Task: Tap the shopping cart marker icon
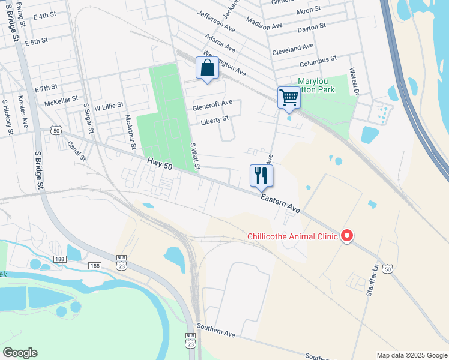pyautogui.click(x=289, y=97)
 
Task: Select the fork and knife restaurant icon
pyautogui.click(x=261, y=175)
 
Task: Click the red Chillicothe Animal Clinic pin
pyautogui.click(x=347, y=236)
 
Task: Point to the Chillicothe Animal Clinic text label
pyautogui.click(x=293, y=236)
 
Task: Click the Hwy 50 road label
pyautogui.click(x=160, y=164)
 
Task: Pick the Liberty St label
pyautogui.click(x=214, y=119)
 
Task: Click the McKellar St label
pyautogui.click(x=62, y=98)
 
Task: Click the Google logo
pyautogui.click(x=20, y=353)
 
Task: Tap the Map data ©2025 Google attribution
pyautogui.click(x=411, y=355)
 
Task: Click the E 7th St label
pyautogui.click(x=46, y=88)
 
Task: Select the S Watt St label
pyautogui.click(x=195, y=155)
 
